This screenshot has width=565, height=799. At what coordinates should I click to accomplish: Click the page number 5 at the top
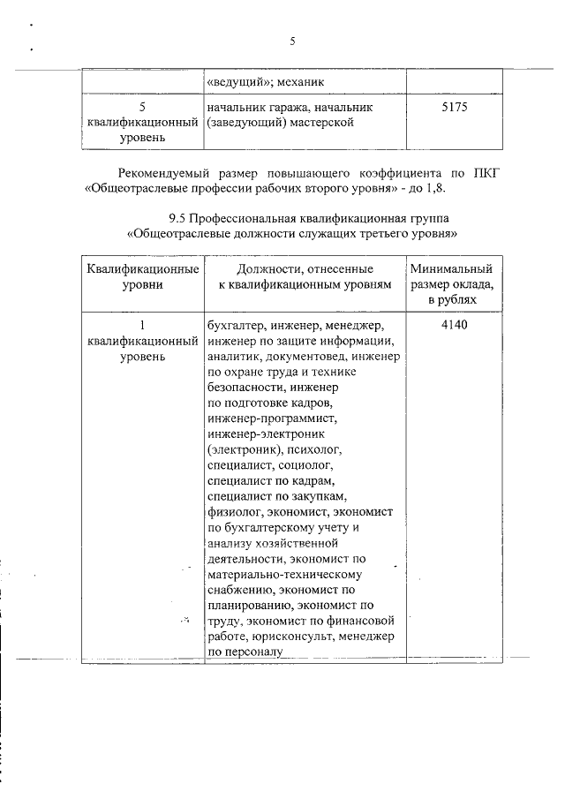pyautogui.click(x=291, y=41)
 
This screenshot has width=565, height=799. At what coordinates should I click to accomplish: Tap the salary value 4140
pyautogui.click(x=451, y=325)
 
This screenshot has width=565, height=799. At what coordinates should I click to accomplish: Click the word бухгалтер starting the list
pyautogui.click(x=236, y=325)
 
